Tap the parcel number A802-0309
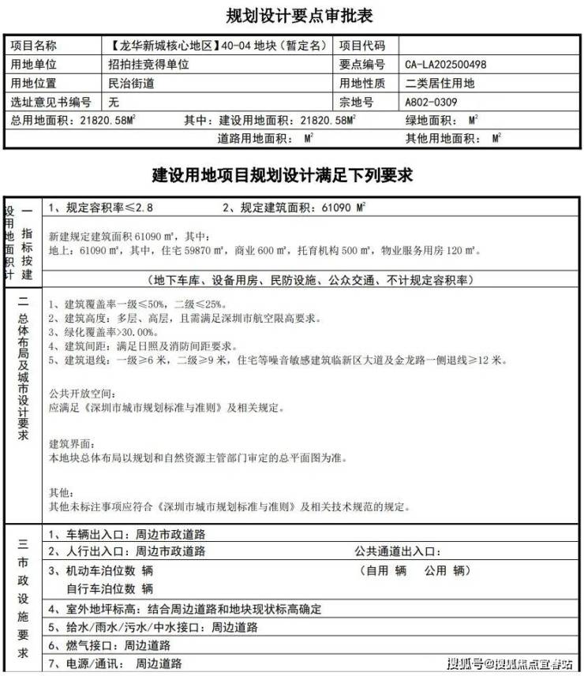pos(431,103)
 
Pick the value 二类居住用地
pos(440,84)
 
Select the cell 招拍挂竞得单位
pos(148,65)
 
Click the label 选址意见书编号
pos(51,103)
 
